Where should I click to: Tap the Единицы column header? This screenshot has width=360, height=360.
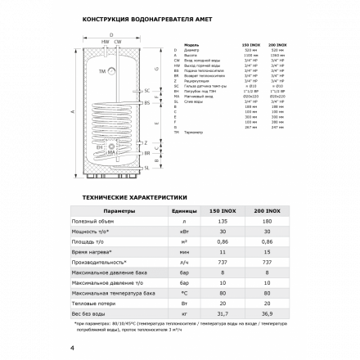pyautogui.click(x=183, y=210)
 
